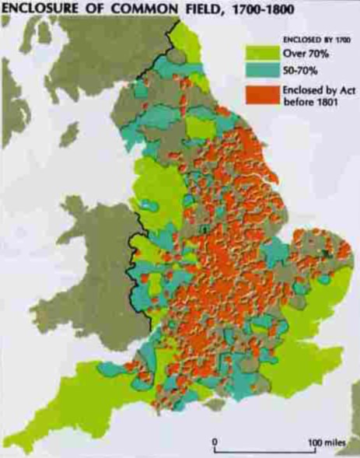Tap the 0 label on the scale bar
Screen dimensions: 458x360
(x=215, y=439)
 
